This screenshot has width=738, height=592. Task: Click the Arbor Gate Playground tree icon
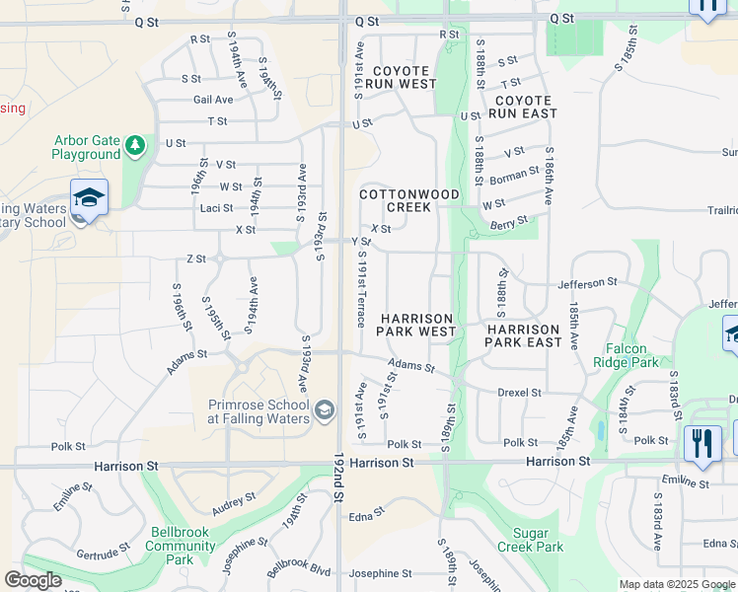135,148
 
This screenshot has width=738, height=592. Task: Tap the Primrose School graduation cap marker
325,409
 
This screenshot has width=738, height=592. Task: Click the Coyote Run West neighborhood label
401,78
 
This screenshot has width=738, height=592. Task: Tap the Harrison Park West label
417,325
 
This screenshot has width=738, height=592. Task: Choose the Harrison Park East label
524,335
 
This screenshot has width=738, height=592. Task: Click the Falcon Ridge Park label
620,355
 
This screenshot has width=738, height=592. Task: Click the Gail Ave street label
213,100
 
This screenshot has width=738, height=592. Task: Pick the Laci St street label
216,208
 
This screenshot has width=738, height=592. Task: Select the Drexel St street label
520,393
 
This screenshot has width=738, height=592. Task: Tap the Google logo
33,580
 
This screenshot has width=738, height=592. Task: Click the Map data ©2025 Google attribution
676,584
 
